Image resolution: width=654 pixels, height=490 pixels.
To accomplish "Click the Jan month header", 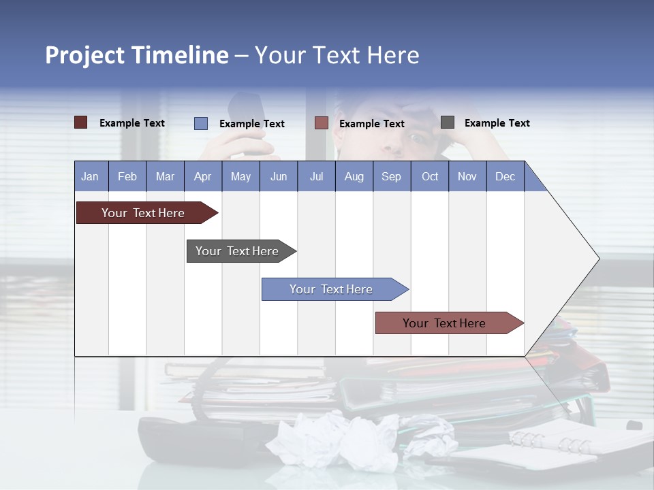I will coord(90,177).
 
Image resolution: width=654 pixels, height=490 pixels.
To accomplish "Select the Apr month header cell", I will coord(202,177).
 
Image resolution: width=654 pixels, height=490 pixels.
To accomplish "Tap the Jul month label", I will coord(316,177).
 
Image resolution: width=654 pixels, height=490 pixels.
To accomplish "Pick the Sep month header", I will coord(391,177).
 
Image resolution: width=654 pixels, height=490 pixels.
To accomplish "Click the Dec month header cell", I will coord(505,177).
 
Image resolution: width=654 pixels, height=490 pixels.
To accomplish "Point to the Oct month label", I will coord(430,177).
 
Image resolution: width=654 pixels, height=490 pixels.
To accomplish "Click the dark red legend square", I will coord(80,122).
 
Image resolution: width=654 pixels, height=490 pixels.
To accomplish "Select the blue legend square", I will coord(200,123).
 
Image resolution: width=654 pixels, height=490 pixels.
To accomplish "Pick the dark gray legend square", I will coord(448,122).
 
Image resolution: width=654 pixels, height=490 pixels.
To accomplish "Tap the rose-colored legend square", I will coord(322,123).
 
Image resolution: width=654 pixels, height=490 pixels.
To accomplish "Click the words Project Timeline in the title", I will coord(136,55).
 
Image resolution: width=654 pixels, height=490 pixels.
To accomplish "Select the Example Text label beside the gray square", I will coord(497,123).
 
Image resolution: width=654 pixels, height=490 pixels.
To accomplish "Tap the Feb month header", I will coord(127,177).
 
